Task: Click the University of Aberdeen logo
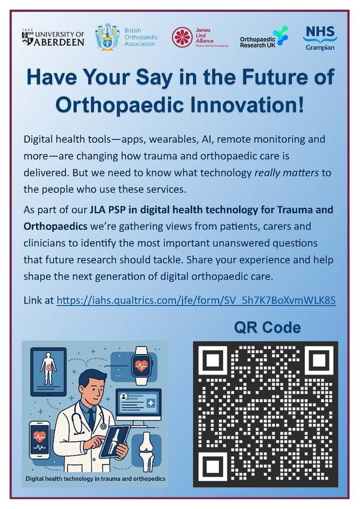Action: (x=53, y=38)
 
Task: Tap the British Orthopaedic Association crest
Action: (x=107, y=37)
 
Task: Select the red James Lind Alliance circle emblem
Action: (x=182, y=37)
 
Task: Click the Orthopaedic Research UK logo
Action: (x=263, y=38)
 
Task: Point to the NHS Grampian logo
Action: (x=320, y=38)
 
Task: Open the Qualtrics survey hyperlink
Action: (x=196, y=300)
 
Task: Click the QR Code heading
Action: (x=267, y=327)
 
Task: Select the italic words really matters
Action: (x=287, y=173)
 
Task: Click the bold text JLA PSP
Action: (x=108, y=209)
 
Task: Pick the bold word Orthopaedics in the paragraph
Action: (x=56, y=226)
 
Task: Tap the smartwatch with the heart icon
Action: (x=142, y=366)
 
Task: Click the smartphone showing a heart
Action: (x=39, y=440)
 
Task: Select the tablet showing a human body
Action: (x=49, y=372)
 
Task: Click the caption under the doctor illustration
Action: (x=95, y=478)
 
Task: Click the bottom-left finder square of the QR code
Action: (x=212, y=465)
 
